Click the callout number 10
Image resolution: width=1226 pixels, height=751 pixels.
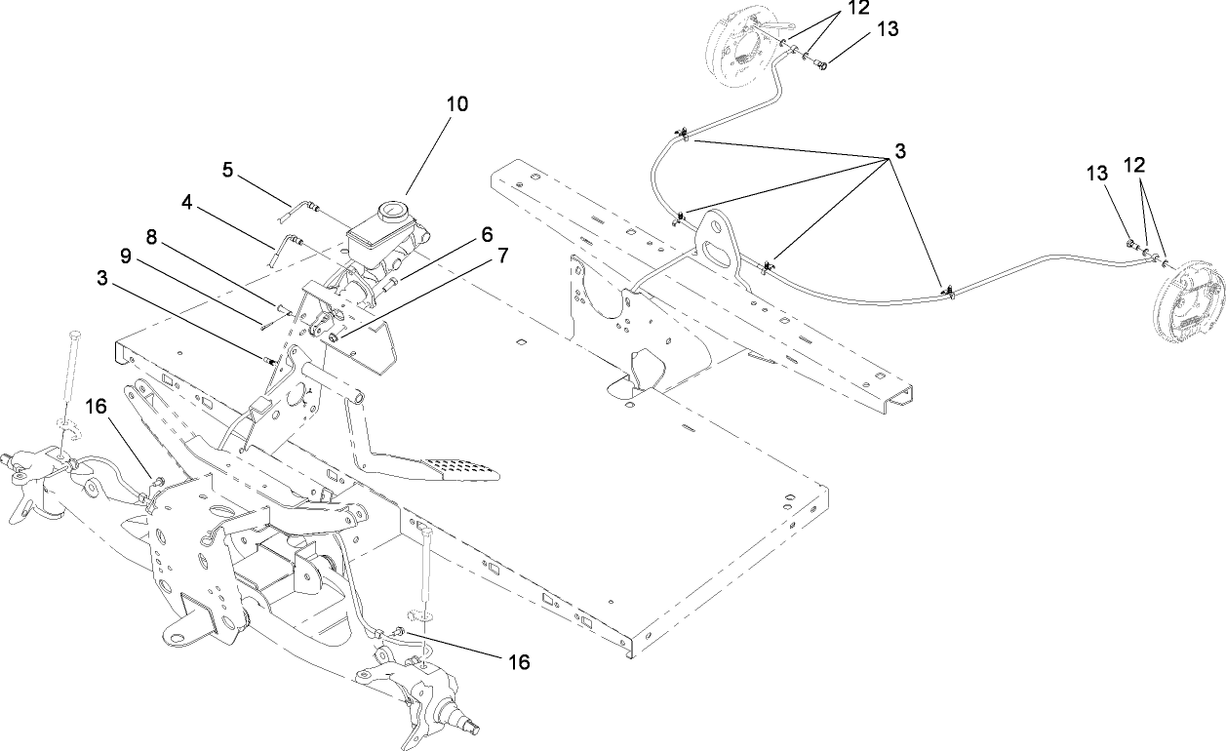(x=457, y=103)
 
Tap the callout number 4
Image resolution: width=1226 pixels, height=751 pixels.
(x=187, y=202)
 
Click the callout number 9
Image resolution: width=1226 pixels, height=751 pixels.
(x=124, y=256)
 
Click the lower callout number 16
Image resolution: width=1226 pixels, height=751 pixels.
(x=519, y=662)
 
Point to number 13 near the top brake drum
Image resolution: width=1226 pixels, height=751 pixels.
(x=886, y=29)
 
